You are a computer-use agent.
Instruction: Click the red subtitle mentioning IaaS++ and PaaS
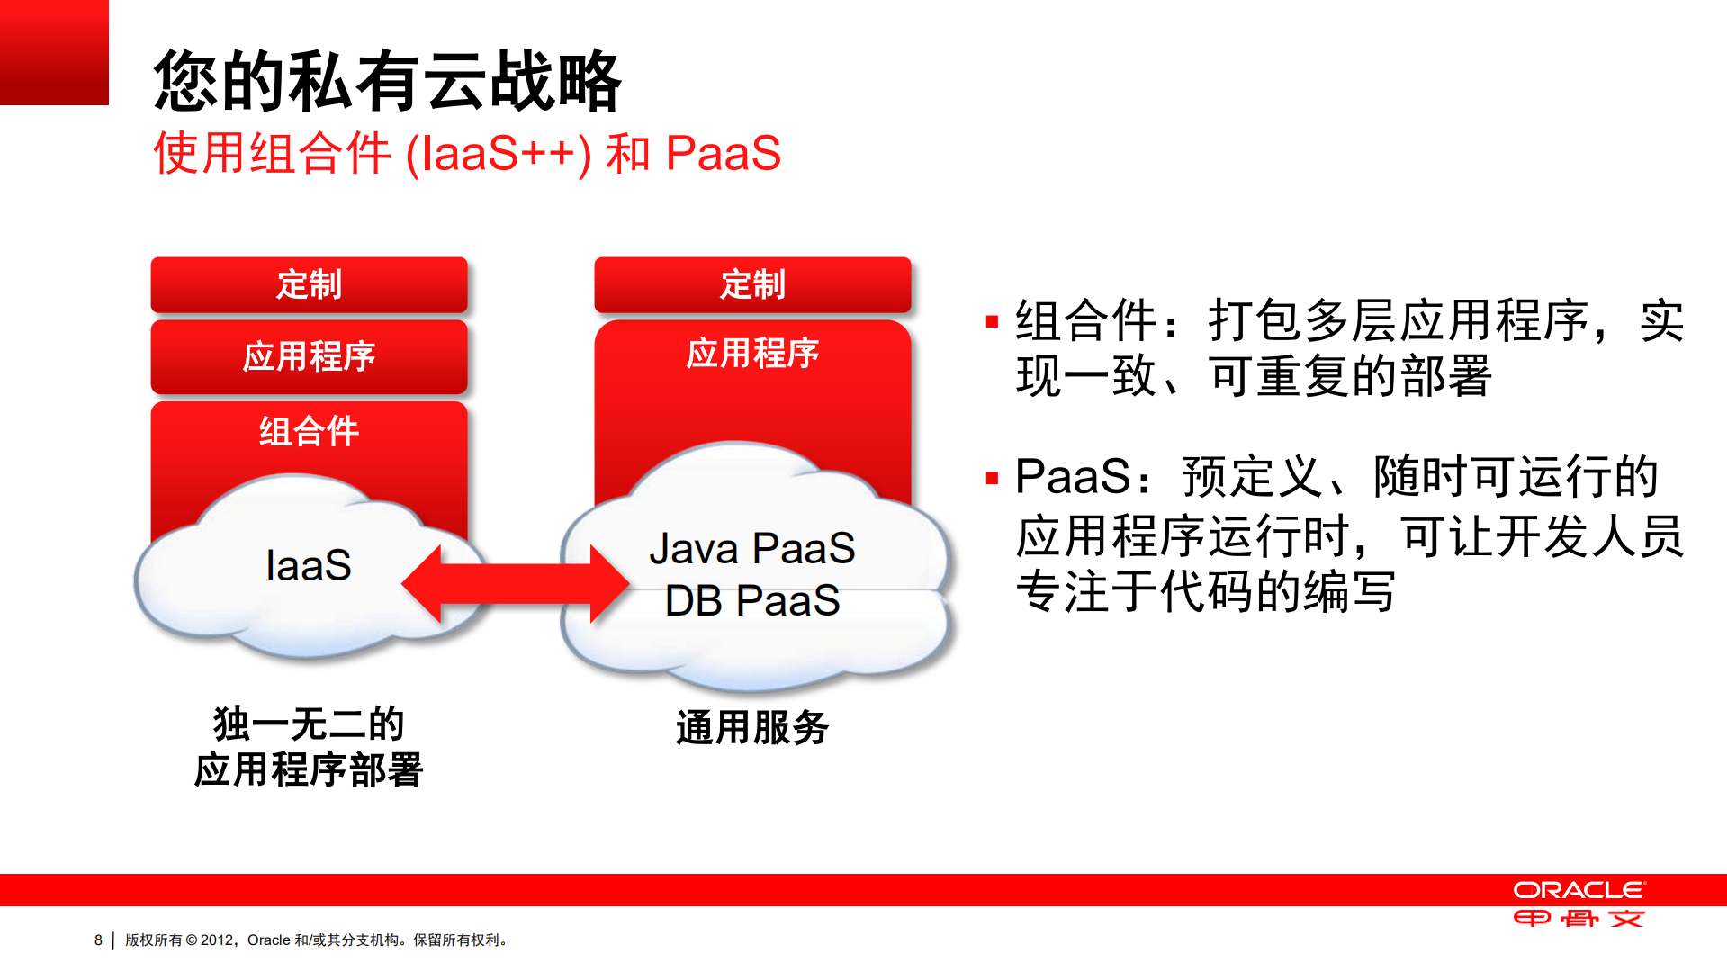click(x=466, y=153)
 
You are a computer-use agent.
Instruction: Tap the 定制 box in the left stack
click(x=309, y=284)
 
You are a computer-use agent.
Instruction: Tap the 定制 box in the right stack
click(x=752, y=284)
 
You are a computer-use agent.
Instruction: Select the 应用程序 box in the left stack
click(x=309, y=356)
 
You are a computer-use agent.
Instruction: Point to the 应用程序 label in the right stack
click(x=752, y=353)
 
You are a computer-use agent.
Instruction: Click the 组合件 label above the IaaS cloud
click(x=309, y=431)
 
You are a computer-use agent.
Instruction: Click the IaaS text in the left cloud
click(x=309, y=565)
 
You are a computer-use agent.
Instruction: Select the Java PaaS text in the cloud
click(x=752, y=548)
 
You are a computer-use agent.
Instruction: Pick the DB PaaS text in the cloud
click(x=752, y=600)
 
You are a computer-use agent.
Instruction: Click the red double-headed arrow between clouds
click(x=515, y=584)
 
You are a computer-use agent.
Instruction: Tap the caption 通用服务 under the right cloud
click(x=752, y=727)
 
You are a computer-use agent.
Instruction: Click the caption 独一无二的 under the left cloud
click(x=309, y=724)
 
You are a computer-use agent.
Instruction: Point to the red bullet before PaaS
click(x=992, y=478)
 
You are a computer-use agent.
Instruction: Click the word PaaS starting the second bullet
click(x=1072, y=476)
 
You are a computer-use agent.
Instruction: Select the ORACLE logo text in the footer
click(x=1579, y=890)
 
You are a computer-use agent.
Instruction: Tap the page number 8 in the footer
click(x=98, y=940)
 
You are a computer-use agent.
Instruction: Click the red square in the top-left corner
click(x=54, y=52)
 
